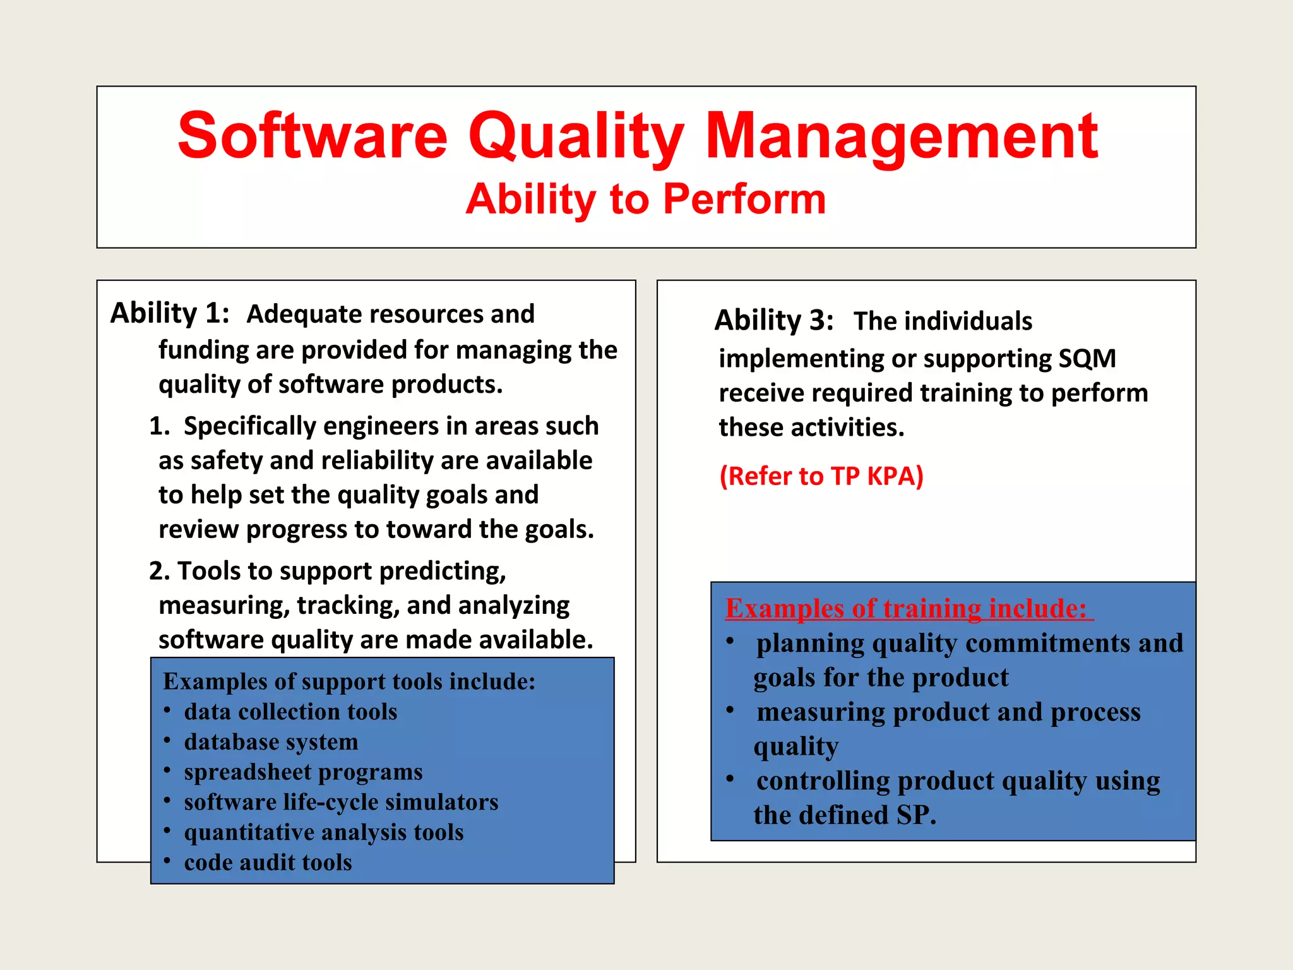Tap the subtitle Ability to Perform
pyautogui.click(x=645, y=200)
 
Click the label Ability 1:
pyautogui.click(x=170, y=313)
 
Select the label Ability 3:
pyautogui.click(x=774, y=321)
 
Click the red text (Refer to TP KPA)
pyautogui.click(x=821, y=476)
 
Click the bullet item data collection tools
pyautogui.click(x=290, y=712)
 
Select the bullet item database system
pyautogui.click(x=271, y=742)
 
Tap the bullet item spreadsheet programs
pyautogui.click(x=303, y=772)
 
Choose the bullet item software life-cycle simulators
pyautogui.click(x=341, y=802)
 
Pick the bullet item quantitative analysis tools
pyautogui.click(x=324, y=832)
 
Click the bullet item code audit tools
pyautogui.click(x=268, y=863)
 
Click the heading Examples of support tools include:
pyautogui.click(x=349, y=681)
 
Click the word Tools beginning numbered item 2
pyautogui.click(x=208, y=571)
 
